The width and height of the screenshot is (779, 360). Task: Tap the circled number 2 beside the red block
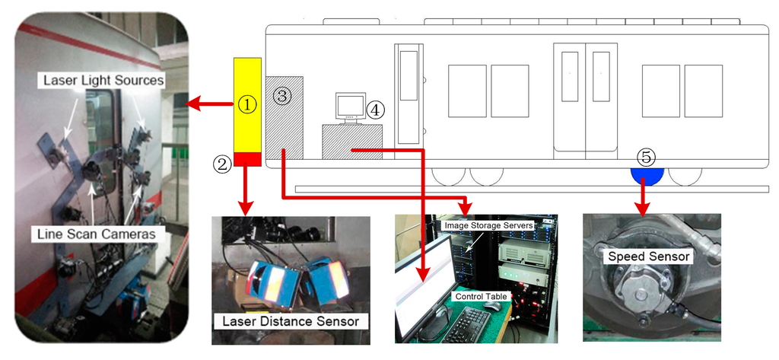tap(222, 163)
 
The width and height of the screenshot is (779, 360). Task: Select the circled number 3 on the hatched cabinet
tap(282, 96)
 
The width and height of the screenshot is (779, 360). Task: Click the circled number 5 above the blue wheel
tap(645, 158)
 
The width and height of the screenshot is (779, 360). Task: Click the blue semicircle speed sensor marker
tap(647, 175)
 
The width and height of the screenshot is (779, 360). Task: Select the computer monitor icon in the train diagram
tap(350, 107)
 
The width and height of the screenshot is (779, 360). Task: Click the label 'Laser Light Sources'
tap(104, 80)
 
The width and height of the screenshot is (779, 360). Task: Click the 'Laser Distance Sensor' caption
tap(291, 321)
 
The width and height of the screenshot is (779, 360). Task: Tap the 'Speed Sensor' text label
tap(648, 256)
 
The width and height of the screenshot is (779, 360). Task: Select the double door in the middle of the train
tap(585, 97)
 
